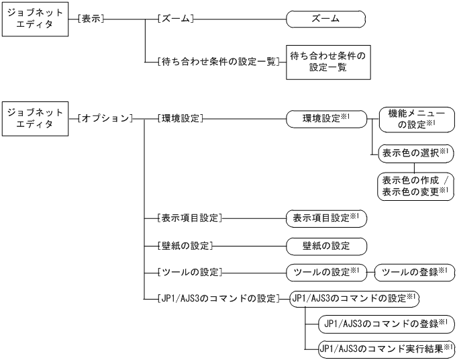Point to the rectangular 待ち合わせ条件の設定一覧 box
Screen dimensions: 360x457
(x=328, y=62)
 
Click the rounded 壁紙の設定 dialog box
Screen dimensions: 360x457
(x=326, y=244)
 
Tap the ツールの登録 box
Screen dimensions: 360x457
(x=411, y=272)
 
